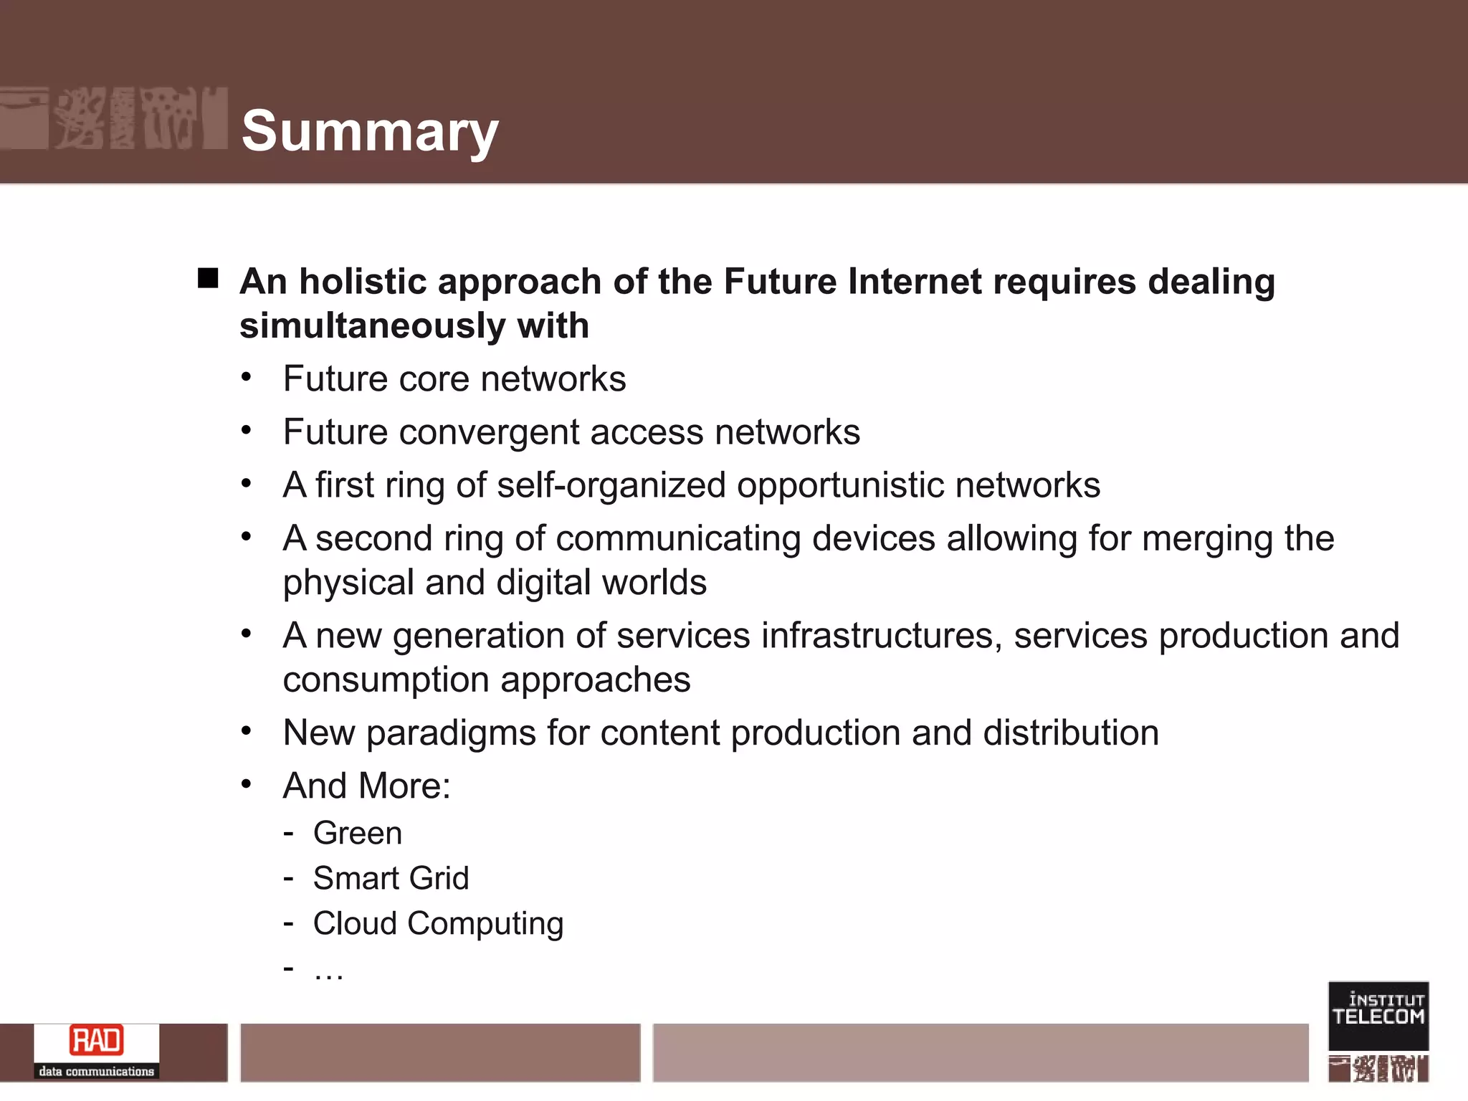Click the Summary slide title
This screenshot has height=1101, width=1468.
click(370, 131)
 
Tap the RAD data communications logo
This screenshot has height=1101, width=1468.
click(97, 1050)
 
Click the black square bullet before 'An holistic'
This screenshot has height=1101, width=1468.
click(208, 278)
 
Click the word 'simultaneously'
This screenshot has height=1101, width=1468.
click(372, 326)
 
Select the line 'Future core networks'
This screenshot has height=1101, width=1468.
click(454, 379)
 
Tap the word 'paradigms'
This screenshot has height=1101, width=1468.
click(451, 733)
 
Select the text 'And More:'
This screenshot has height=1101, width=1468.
click(366, 786)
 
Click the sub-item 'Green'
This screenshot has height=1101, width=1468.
click(357, 834)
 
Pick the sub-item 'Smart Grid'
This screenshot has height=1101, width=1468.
click(391, 879)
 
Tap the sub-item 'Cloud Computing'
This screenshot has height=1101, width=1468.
click(438, 924)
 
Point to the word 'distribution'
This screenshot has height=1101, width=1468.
click(1070, 733)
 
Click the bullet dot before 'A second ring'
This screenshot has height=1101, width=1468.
click(247, 537)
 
